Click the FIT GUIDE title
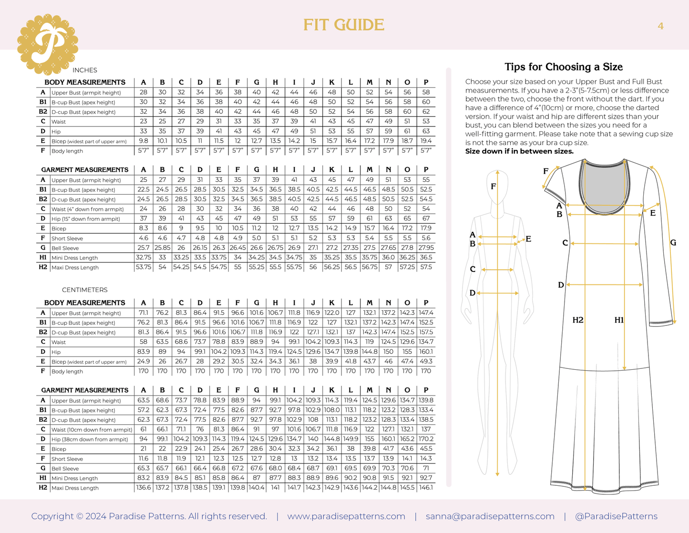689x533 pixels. [x=344, y=25]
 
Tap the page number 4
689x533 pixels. [x=660, y=26]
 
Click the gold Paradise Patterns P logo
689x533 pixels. [x=48, y=44]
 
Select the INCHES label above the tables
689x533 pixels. [x=85, y=70]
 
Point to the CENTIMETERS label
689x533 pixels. [x=85, y=290]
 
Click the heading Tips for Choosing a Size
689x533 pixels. [x=564, y=67]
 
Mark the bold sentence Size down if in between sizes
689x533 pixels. [x=519, y=151]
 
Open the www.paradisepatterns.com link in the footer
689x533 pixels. [x=346, y=516]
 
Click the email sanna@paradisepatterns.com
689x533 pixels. [x=490, y=516]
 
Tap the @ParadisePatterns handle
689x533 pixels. [x=616, y=516]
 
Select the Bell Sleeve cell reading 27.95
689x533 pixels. [x=426, y=248]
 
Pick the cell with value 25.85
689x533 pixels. [x=162, y=248]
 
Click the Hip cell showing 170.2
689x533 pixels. [x=426, y=439]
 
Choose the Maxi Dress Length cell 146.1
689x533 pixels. [x=426, y=488]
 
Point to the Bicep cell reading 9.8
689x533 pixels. [x=143, y=141]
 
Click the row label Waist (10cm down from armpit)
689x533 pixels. [x=92, y=429]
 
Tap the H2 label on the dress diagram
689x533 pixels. [x=578, y=320]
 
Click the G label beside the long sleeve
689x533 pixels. [x=673, y=242]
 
